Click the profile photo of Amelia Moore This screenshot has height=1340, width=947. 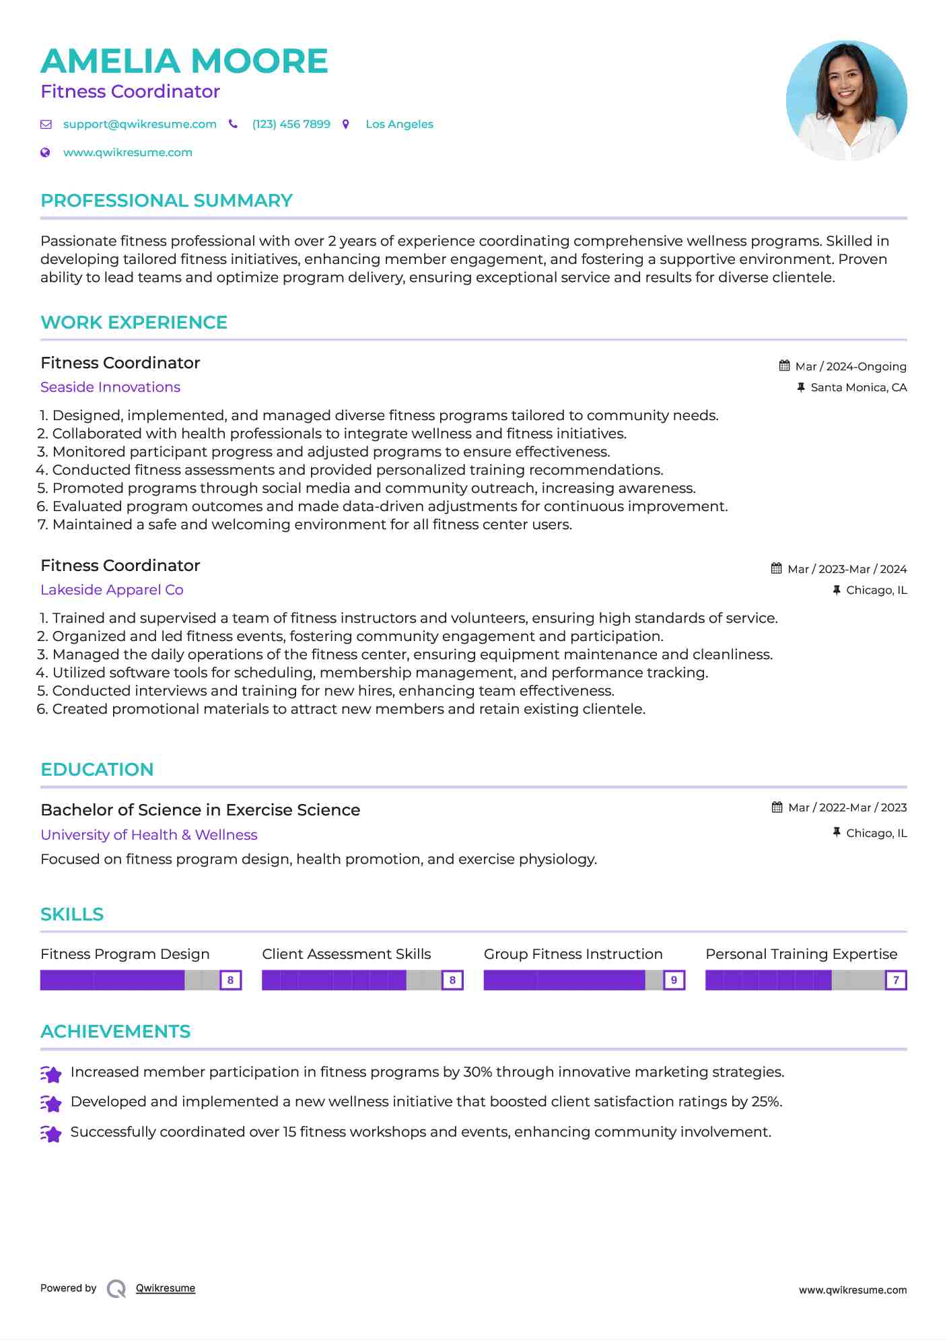(846, 100)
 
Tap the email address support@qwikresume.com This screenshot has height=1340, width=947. (139, 125)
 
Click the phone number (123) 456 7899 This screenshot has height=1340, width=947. (291, 125)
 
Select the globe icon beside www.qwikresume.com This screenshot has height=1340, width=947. (45, 153)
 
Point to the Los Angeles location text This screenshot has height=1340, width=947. (399, 125)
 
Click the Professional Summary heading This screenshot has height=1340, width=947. (166, 201)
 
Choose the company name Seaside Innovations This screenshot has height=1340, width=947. (110, 387)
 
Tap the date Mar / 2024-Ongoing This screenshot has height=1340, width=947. (851, 366)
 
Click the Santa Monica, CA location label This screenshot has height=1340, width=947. (858, 387)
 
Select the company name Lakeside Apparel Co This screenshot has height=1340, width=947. (112, 590)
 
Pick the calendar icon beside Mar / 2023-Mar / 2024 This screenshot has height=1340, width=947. (777, 568)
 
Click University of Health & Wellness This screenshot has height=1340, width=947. (149, 835)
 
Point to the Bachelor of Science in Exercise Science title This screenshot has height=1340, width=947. (200, 810)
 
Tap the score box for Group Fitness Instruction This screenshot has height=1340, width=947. (674, 980)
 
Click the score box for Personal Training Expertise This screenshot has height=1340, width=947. (896, 980)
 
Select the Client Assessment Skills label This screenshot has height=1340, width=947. (346, 954)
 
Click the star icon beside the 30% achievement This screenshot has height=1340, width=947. (51, 1074)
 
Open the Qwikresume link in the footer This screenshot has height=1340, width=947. (166, 1288)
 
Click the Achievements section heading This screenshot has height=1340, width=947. (115, 1032)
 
